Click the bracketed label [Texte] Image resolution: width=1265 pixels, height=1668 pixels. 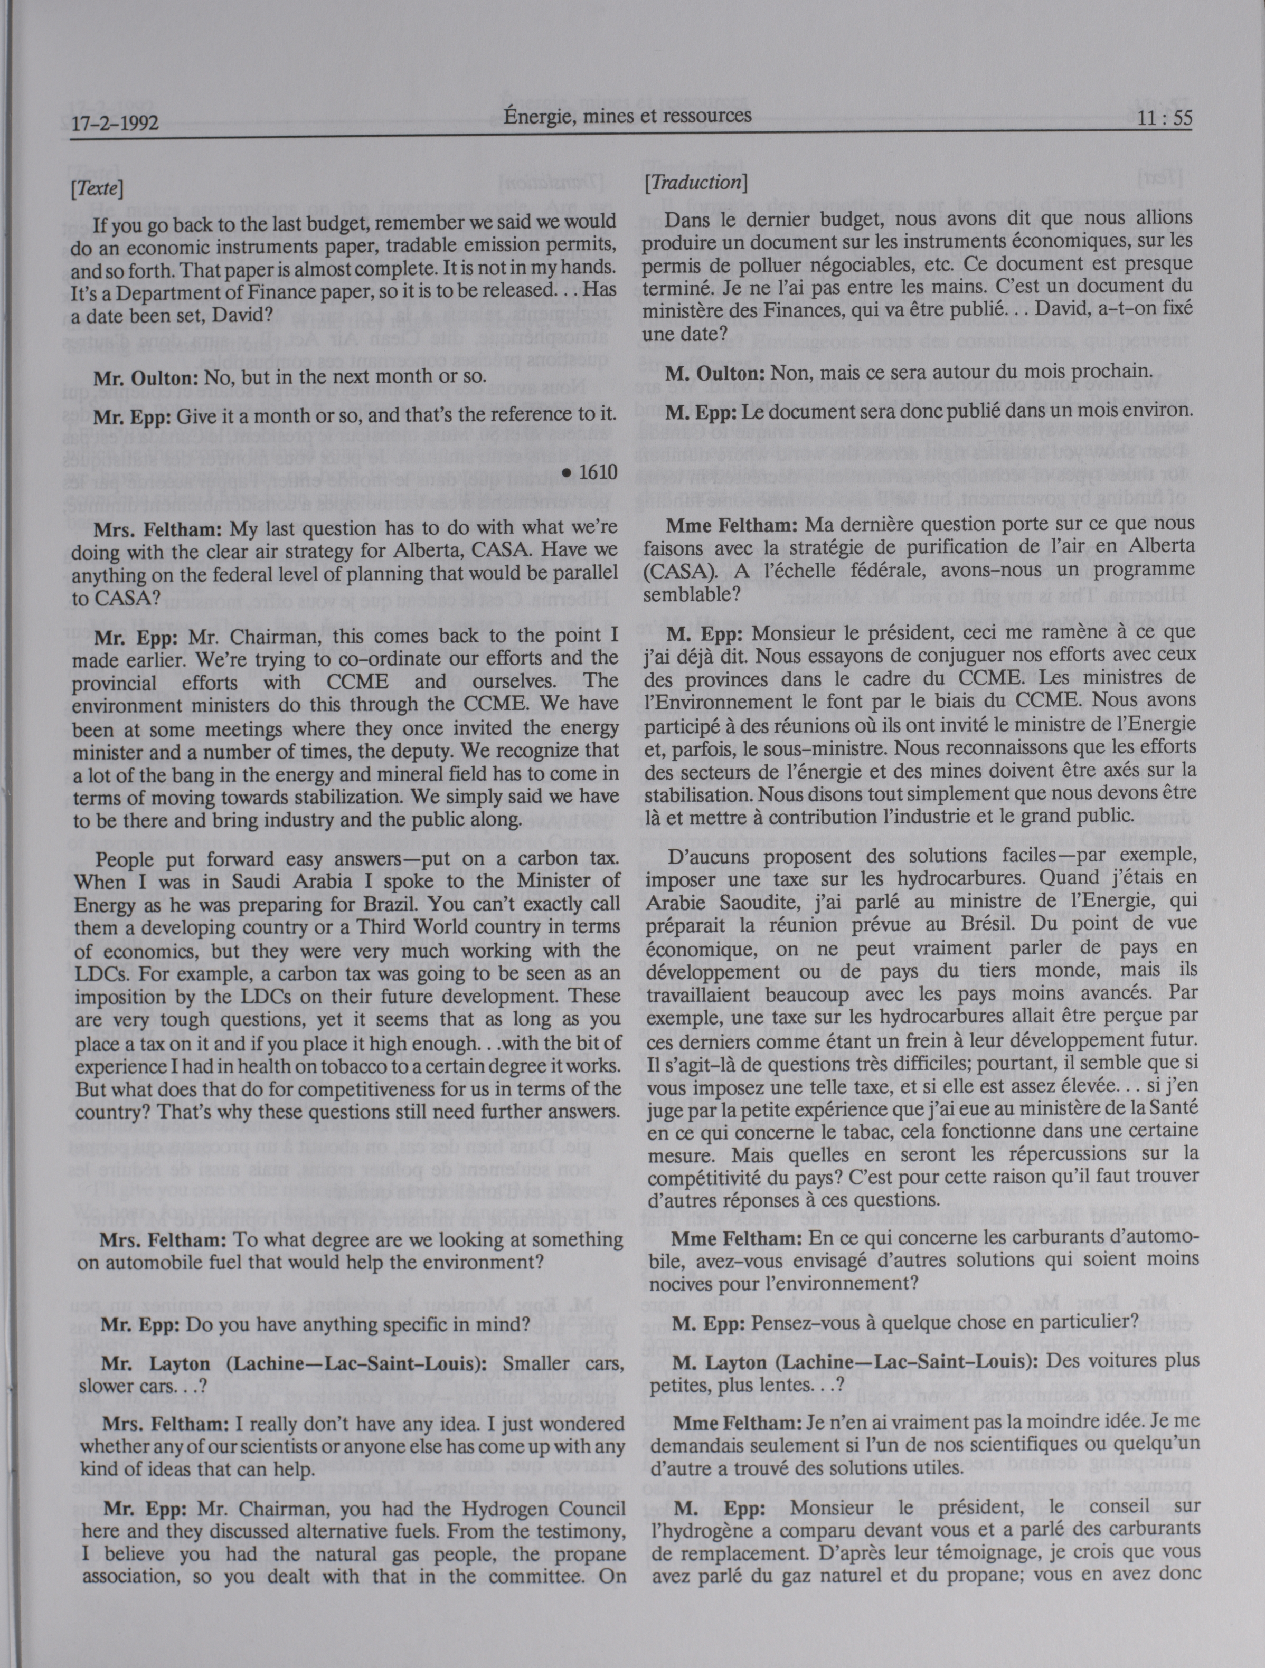(x=97, y=188)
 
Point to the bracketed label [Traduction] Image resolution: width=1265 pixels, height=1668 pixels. (x=694, y=183)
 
